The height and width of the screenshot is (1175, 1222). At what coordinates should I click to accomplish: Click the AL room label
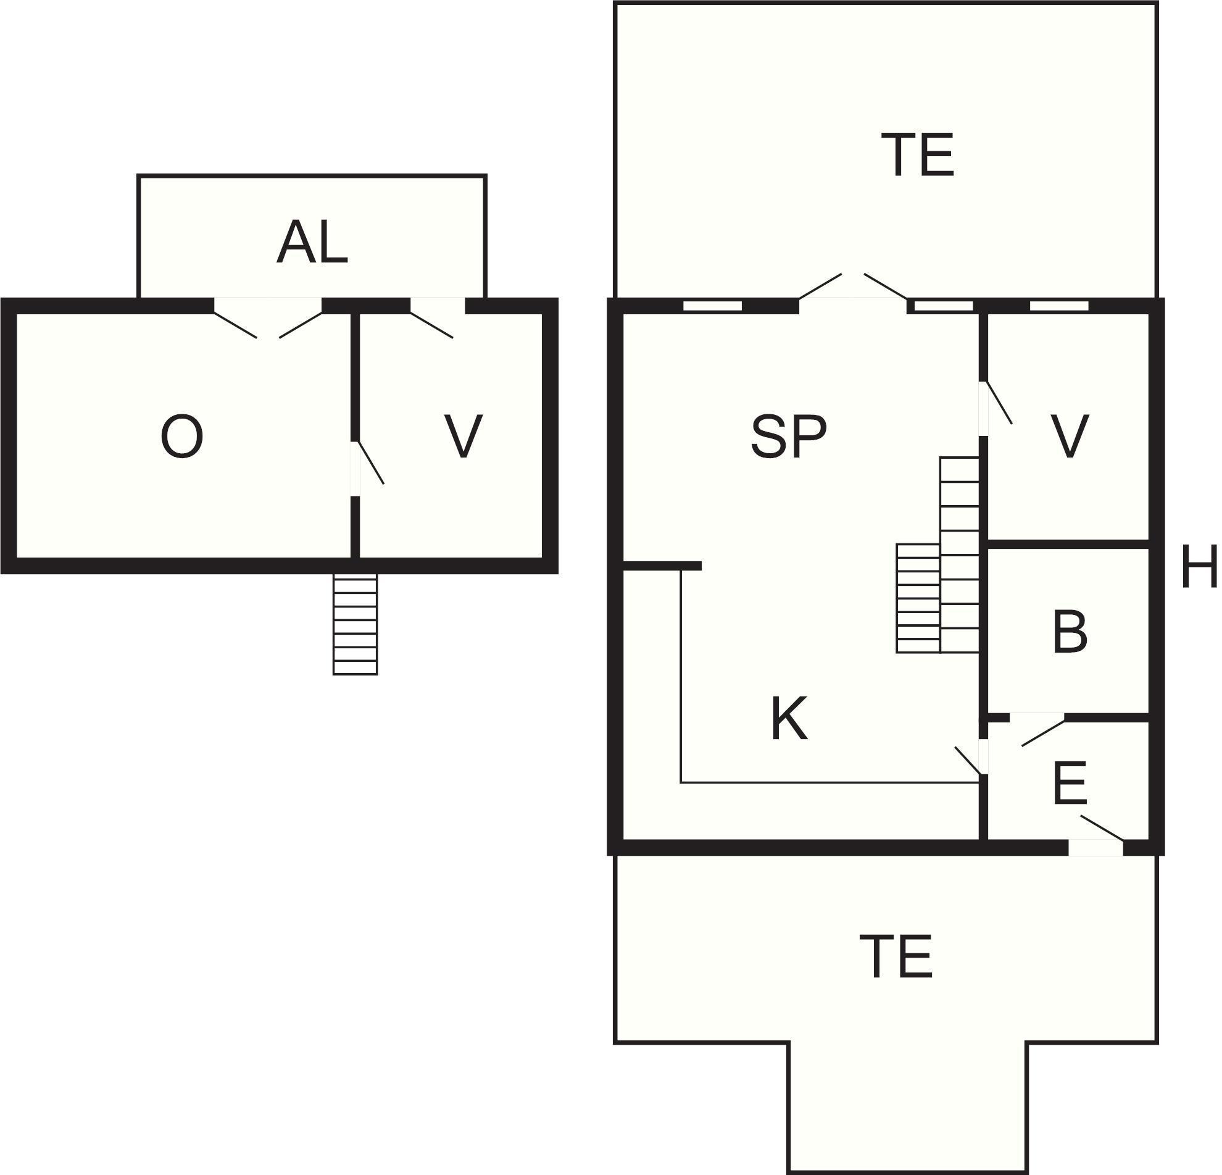[312, 242]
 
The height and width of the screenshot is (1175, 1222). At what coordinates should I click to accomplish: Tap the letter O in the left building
[181, 437]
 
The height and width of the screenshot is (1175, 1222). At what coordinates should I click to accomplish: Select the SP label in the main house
[788, 437]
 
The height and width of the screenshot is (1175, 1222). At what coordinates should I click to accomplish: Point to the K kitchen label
[789, 718]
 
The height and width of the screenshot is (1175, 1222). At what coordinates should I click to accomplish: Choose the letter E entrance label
[1069, 783]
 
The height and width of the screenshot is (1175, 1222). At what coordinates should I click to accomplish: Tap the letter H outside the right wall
[1199, 566]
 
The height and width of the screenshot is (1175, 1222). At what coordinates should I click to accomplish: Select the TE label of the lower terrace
[896, 956]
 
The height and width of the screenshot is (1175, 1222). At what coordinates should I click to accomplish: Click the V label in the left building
[463, 436]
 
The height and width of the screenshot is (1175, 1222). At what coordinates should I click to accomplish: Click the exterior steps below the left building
[355, 624]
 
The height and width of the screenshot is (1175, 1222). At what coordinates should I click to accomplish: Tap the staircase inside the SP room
[938, 555]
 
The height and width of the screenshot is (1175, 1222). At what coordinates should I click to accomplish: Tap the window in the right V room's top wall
[1058, 306]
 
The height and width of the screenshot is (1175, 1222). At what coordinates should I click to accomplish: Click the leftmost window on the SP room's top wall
[712, 306]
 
